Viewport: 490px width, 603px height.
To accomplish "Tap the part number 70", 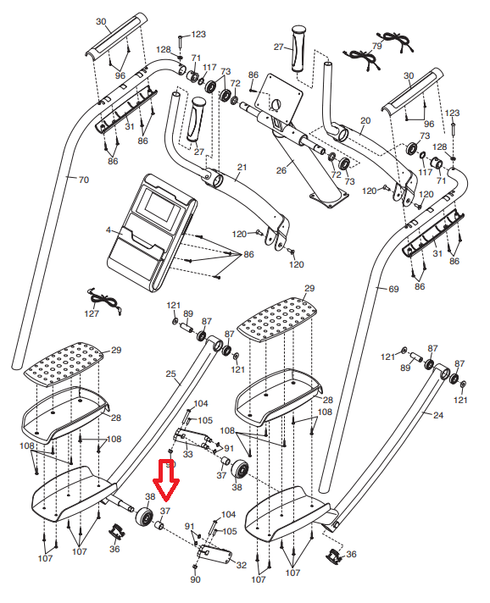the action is (84, 180).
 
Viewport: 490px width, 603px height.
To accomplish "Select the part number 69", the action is (393, 289).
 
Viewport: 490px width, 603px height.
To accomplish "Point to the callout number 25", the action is (171, 373).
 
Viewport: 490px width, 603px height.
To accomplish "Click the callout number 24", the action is (438, 415).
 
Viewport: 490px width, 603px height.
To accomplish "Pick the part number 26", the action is (281, 170).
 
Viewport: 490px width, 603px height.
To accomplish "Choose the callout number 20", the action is (365, 121).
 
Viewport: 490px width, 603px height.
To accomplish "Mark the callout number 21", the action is (242, 168).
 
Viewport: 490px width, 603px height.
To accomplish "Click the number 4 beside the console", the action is (109, 230).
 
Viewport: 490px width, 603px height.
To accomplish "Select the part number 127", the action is (92, 313).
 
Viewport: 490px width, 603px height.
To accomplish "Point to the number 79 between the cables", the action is (377, 46).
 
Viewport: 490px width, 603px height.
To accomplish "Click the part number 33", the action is (187, 454).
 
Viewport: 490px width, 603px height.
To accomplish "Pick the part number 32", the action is (241, 565).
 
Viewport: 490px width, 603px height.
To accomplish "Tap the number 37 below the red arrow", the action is (165, 511).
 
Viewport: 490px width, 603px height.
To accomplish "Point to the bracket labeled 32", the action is (214, 555).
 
